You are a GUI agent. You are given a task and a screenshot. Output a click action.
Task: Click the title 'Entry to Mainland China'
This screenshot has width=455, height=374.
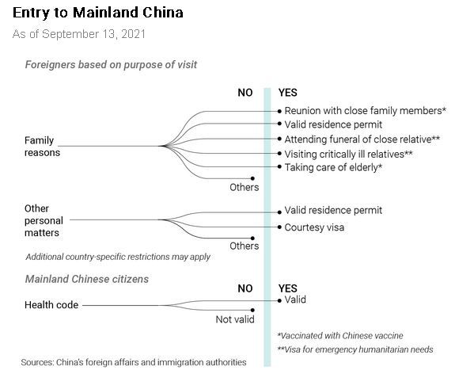point(98,13)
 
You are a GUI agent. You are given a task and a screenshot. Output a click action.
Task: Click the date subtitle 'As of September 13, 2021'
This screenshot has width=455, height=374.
point(78,34)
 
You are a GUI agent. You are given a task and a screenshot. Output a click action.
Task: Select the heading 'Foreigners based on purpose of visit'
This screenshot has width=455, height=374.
point(111,64)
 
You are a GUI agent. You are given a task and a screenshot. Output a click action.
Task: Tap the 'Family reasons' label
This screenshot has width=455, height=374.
point(43,146)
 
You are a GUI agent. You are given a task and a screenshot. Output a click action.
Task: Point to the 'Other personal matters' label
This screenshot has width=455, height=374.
point(44,220)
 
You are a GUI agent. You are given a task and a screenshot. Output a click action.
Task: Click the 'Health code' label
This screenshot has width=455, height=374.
point(51,305)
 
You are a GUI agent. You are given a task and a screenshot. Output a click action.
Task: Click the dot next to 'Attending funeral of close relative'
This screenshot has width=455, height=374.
point(279,139)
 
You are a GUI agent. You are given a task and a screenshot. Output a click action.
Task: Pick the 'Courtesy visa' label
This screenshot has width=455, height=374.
point(314,227)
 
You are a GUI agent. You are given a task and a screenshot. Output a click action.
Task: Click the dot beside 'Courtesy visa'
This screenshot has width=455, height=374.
point(279,227)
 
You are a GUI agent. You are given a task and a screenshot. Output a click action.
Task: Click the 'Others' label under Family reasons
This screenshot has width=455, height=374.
point(244,188)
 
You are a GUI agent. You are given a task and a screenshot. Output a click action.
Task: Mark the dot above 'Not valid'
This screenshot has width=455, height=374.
point(252,310)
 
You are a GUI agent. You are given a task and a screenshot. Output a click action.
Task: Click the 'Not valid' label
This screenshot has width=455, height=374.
point(235,319)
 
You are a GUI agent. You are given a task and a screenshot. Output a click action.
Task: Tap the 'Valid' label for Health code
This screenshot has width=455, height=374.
point(295,300)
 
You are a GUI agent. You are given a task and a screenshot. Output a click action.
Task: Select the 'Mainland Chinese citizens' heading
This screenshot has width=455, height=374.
point(87,279)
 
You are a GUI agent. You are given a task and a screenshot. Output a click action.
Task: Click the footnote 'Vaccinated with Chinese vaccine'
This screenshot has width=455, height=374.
point(340,336)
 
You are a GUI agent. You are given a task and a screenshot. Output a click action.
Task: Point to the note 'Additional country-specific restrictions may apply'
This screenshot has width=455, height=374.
point(118,257)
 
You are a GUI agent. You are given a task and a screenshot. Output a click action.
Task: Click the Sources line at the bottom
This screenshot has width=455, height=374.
point(134,362)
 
